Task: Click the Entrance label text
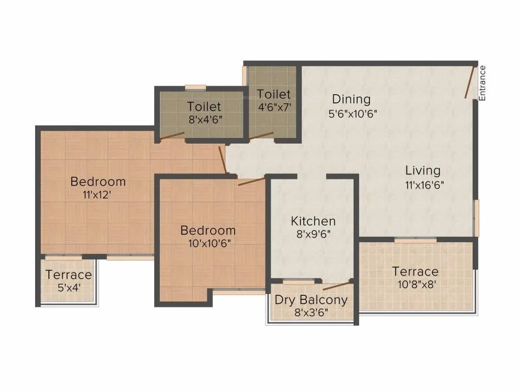coord(482,82)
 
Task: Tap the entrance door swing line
coord(470,82)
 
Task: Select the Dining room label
coord(351,99)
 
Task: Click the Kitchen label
coord(313,221)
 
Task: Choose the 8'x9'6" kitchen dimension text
coord(313,235)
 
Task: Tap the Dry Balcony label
coord(311,299)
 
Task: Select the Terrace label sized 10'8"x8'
coord(415,271)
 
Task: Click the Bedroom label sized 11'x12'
coord(98,181)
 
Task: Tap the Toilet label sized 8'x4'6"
coord(204,106)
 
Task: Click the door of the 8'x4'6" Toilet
coord(171,135)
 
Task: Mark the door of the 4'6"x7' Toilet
coord(261,136)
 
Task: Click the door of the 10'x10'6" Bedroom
coord(251,181)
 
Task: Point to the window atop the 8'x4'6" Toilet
coord(195,88)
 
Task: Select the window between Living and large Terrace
coord(415,240)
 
